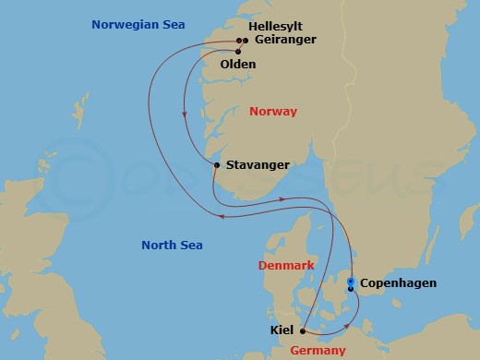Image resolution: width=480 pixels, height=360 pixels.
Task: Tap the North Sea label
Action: (172, 245)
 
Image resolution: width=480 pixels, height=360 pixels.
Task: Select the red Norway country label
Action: (273, 112)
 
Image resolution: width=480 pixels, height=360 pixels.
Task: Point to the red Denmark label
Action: (286, 265)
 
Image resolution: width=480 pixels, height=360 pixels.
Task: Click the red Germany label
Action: (318, 351)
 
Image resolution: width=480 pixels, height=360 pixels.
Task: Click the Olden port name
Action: (238, 65)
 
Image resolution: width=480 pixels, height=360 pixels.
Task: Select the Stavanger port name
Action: (258, 165)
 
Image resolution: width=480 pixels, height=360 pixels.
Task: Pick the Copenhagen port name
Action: (398, 283)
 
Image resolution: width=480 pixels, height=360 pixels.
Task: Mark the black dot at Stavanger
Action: (216, 165)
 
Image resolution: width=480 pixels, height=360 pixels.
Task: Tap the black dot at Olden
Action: (237, 52)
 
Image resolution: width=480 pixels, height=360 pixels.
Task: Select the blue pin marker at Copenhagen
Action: (350, 282)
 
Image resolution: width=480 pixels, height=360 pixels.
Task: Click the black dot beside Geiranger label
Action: (245, 41)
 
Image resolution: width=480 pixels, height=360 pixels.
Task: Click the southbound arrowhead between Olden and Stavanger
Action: (186, 114)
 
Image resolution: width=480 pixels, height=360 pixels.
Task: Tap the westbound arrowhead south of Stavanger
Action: (223, 217)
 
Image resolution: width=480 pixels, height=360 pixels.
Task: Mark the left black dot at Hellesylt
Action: (238, 41)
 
